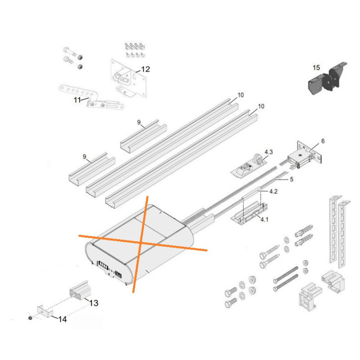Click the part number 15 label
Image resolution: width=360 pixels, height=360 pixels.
(316, 68)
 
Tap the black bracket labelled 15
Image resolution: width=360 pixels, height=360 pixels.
(327, 78)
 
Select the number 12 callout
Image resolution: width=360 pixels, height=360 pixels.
(145, 69)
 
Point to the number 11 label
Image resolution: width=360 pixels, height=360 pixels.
(77, 100)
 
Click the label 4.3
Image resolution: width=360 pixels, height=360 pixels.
(269, 152)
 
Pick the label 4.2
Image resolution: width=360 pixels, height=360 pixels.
(273, 191)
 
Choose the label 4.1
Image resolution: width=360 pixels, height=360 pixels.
(264, 220)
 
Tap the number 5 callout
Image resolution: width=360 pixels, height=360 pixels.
(292, 179)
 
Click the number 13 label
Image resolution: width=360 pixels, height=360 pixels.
(94, 303)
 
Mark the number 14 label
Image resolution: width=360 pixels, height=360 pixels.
(62, 319)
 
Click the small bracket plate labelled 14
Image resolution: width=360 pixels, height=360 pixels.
(45, 311)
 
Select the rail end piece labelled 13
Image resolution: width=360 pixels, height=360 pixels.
(80, 291)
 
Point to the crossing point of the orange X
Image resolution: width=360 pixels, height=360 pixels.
(142, 243)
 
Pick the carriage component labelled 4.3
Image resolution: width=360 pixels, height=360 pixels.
(249, 166)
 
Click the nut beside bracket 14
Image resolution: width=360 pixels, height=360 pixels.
(30, 318)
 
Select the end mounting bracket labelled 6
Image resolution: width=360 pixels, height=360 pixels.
(306, 154)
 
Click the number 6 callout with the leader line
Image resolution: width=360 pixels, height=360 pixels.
(323, 141)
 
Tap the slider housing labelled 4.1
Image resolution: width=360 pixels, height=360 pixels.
(249, 213)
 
